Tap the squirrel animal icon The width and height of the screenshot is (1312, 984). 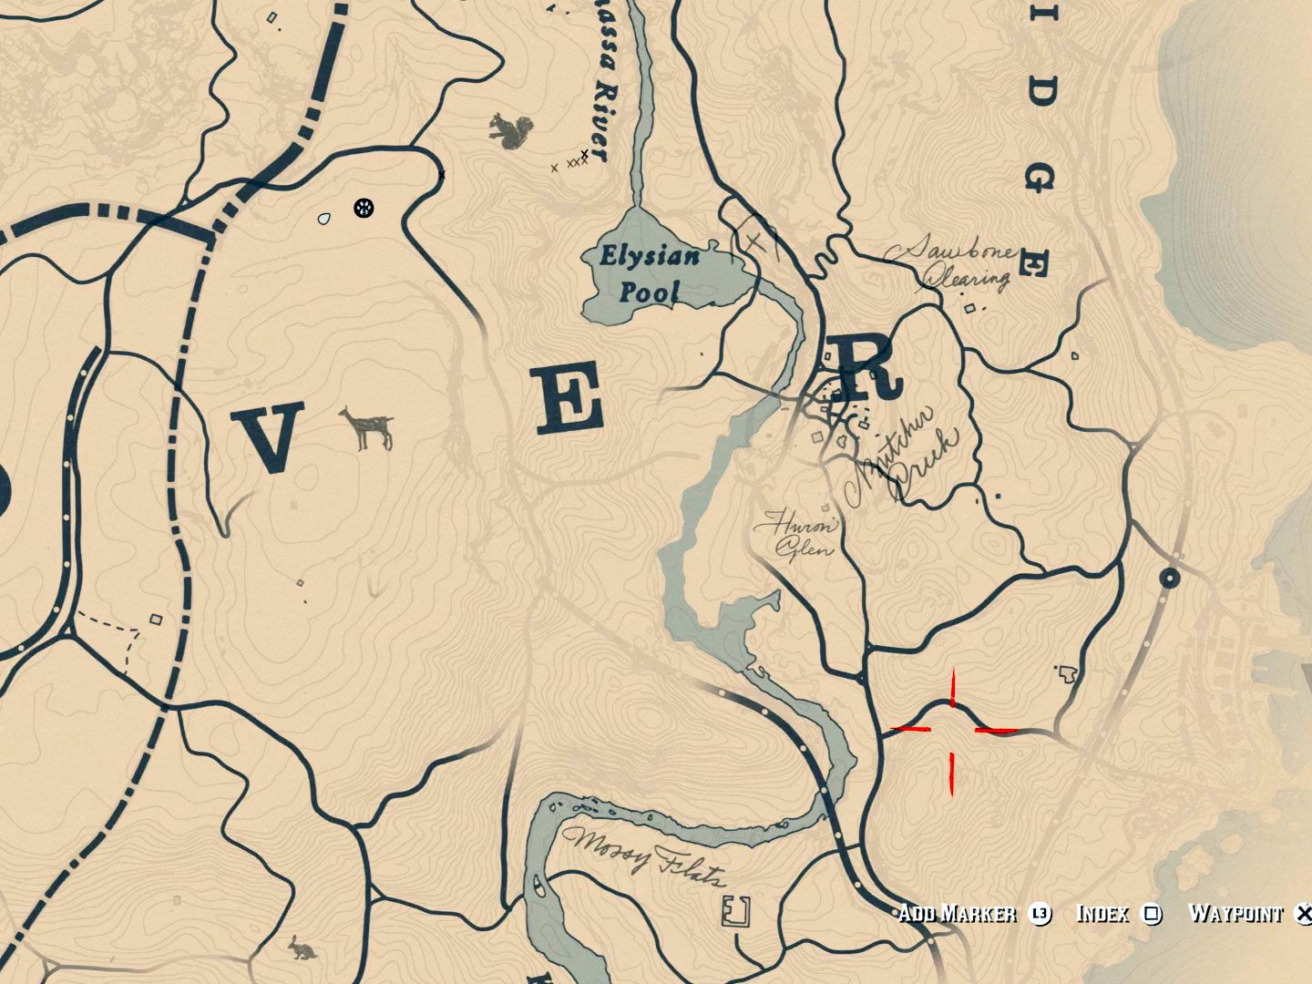[x=506, y=130]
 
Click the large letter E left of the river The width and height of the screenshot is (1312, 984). [x=570, y=397]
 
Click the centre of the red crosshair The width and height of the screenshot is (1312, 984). [x=953, y=730]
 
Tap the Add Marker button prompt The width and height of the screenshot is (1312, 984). [x=957, y=913]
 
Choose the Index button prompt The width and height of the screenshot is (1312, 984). [x=1102, y=913]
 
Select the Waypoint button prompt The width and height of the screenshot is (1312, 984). [x=1235, y=913]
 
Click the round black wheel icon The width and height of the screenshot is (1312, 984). [x=364, y=208]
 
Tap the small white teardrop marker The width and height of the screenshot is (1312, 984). [x=324, y=219]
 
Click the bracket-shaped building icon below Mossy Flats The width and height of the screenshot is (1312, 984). [x=734, y=910]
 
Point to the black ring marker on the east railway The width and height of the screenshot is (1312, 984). [x=1170, y=578]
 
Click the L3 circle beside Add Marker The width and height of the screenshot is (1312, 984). [x=1040, y=913]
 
